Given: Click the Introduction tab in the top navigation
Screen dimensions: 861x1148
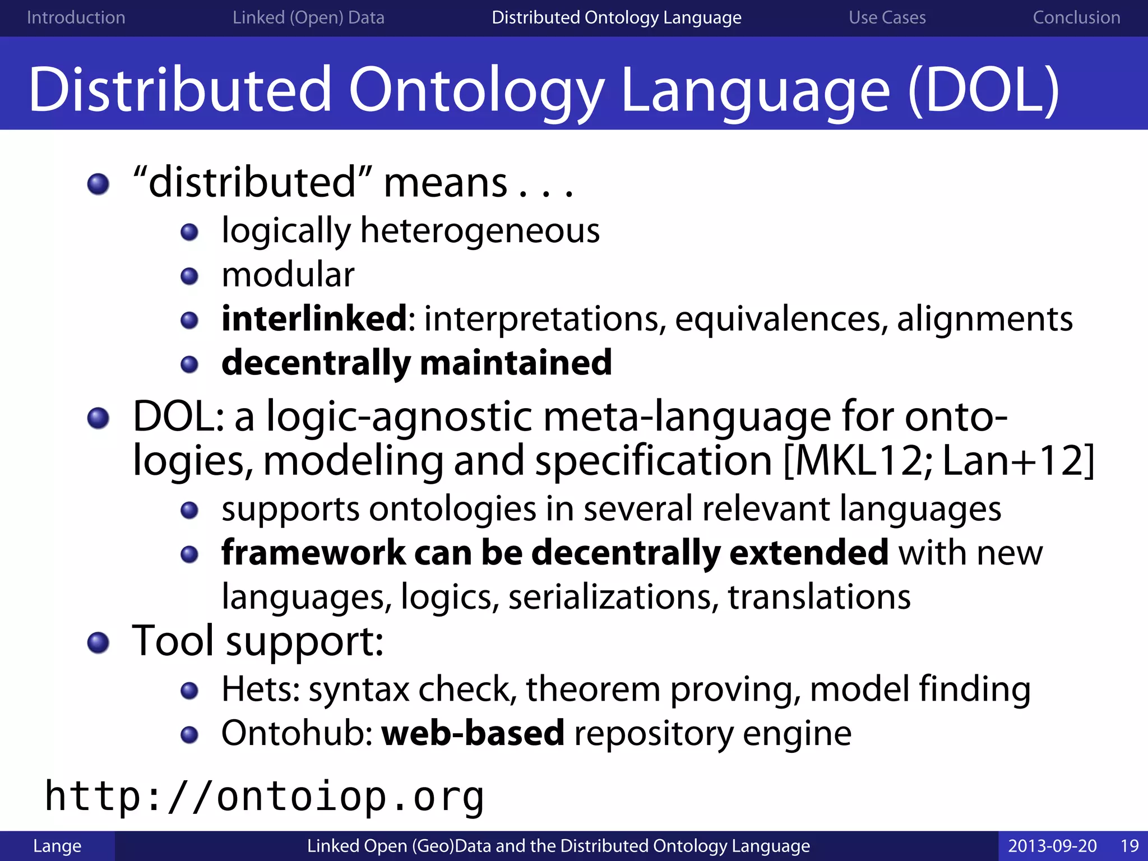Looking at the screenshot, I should pyautogui.click(x=76, y=17).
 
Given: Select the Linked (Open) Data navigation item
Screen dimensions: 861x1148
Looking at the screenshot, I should pyautogui.click(x=308, y=17).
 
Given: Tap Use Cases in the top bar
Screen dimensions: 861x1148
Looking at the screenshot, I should pyautogui.click(x=887, y=17).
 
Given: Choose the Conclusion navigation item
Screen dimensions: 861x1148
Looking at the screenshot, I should pyautogui.click(x=1076, y=17).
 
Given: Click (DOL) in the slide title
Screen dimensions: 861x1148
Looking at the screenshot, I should pyautogui.click(x=984, y=90).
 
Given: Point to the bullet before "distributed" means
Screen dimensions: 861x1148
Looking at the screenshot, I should pyautogui.click(x=99, y=184).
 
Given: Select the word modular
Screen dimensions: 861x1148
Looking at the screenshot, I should pyautogui.click(x=288, y=275).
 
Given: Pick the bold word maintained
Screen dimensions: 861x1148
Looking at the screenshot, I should pyautogui.click(x=516, y=363).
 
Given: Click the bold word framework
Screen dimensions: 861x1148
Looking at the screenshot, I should pyautogui.click(x=313, y=553).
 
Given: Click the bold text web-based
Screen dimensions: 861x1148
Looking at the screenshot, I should pyautogui.click(x=473, y=733).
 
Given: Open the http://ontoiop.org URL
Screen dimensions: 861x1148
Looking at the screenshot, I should pyautogui.click(x=264, y=797).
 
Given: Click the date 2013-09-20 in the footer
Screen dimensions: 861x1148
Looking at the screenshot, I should pyautogui.click(x=1052, y=845).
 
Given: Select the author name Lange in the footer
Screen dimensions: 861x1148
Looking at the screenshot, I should pyautogui.click(x=57, y=845).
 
